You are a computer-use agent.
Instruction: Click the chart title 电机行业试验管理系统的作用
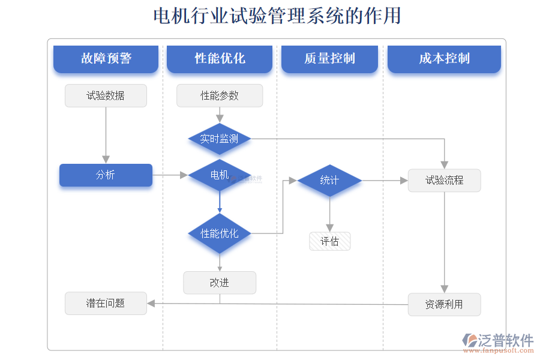(277, 16)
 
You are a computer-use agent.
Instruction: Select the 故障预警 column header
(106, 59)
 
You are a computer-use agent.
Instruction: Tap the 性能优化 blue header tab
(220, 59)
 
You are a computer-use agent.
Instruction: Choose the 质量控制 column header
(329, 59)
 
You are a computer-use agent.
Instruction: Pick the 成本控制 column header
(444, 59)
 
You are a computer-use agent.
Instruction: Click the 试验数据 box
(106, 95)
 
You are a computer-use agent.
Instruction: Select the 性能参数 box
(220, 95)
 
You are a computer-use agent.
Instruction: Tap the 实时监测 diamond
(220, 139)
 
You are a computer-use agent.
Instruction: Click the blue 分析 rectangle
(106, 175)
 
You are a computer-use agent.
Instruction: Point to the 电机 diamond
(220, 175)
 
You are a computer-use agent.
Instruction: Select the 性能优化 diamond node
(220, 233)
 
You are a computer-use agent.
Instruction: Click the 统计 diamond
(329, 180)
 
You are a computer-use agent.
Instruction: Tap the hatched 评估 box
(329, 241)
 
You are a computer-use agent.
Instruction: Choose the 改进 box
(220, 283)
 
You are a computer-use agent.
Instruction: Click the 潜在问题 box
(106, 304)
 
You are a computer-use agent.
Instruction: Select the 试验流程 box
(444, 180)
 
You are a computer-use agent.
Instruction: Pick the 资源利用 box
(444, 304)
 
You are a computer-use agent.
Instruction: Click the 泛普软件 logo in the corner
(498, 342)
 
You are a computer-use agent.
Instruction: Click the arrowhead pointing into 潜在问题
(151, 304)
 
